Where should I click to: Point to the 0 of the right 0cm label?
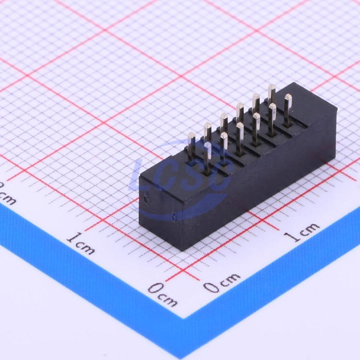[211, 287]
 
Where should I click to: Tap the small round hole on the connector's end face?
[146, 199]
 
